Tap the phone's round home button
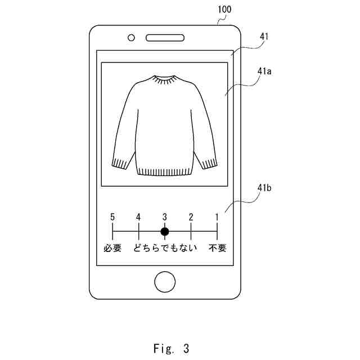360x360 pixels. point(165,281)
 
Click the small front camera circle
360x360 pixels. point(132,38)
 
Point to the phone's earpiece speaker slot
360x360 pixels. point(165,38)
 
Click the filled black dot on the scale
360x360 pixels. point(165,231)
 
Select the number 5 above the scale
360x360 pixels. point(112,217)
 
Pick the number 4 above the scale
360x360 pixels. point(138,217)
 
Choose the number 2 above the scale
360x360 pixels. point(191,217)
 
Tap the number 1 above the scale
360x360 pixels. point(217,217)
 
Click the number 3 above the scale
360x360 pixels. point(165,217)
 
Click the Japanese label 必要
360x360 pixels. point(112,247)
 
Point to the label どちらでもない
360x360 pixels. point(165,247)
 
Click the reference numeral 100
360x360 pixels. point(223,10)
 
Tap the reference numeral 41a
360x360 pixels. point(264,71)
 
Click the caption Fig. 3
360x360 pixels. point(171,348)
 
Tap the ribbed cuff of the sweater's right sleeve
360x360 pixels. point(209,163)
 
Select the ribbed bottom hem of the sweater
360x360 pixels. point(164,171)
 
